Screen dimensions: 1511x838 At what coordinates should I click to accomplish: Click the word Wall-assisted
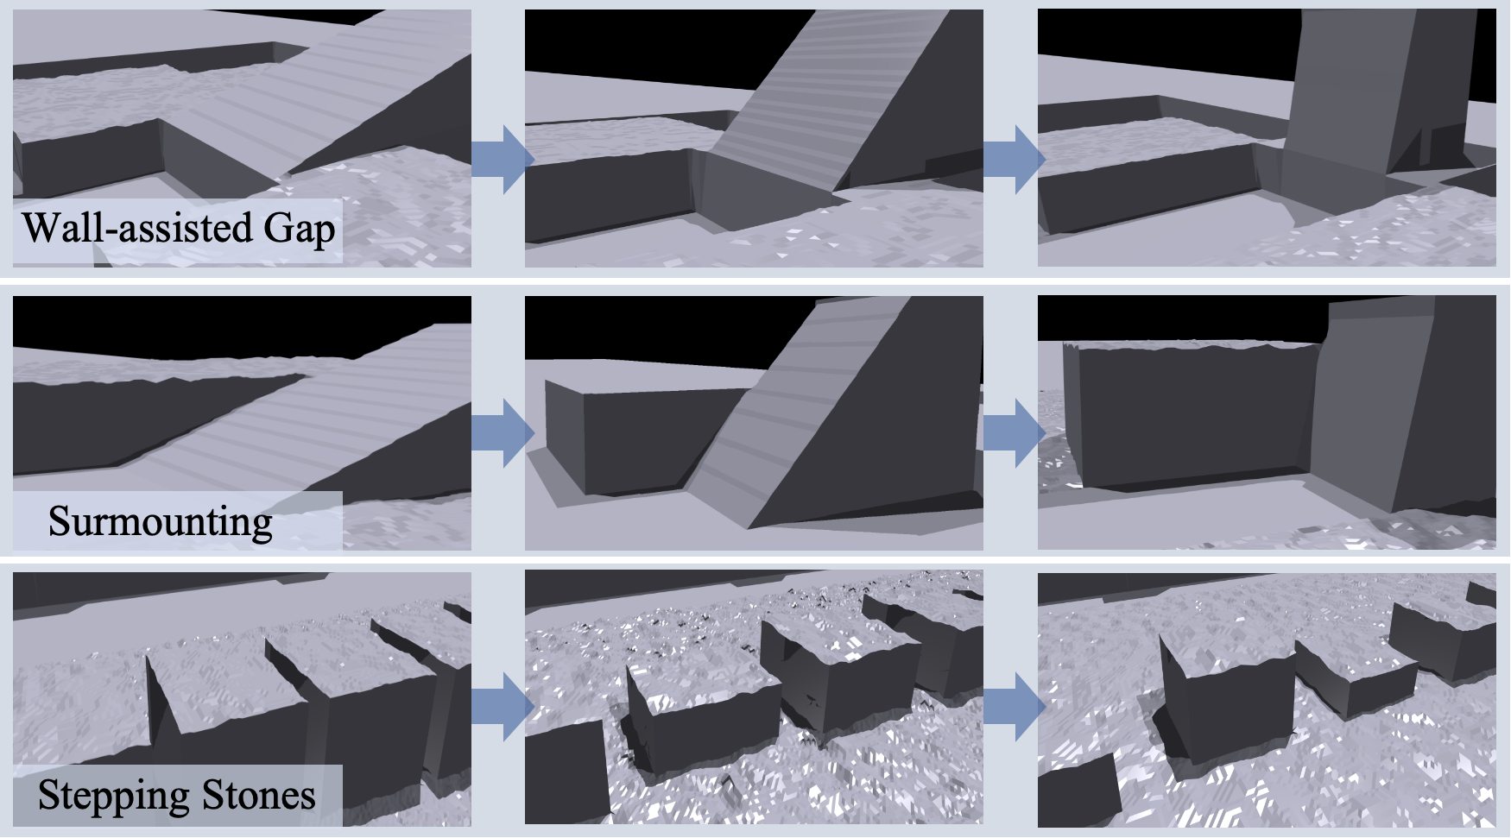137,228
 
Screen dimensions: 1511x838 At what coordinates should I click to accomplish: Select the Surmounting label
161,522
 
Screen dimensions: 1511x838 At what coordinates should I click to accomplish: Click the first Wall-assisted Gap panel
242,138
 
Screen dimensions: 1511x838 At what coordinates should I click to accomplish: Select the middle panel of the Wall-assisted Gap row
754,138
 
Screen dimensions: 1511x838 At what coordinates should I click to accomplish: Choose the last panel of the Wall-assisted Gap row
1267,138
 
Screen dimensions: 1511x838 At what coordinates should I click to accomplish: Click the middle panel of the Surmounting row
754,423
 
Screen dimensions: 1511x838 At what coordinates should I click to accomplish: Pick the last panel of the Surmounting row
1267,423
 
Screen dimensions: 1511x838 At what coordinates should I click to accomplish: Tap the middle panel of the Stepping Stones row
754,698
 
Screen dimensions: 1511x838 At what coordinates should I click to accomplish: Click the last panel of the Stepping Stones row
1267,698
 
